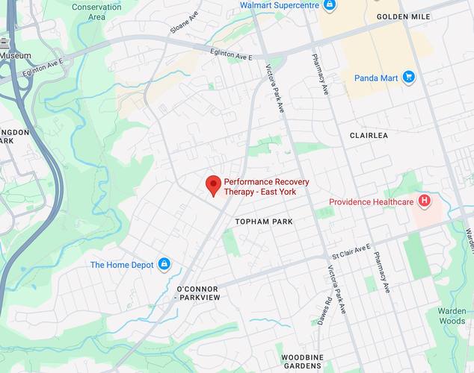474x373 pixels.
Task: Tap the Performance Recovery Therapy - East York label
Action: click(260, 186)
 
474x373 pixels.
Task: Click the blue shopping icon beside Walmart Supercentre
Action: click(329, 5)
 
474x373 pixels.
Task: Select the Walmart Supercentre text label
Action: click(279, 5)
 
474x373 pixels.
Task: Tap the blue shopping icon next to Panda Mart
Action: click(408, 76)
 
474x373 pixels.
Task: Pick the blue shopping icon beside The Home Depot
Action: click(164, 264)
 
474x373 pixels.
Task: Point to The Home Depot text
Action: click(122, 265)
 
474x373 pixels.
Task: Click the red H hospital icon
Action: click(425, 201)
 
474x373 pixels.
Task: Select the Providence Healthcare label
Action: click(372, 202)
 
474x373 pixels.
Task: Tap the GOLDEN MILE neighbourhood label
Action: click(403, 16)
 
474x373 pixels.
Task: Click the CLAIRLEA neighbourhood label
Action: click(369, 136)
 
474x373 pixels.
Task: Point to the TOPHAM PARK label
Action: click(264, 222)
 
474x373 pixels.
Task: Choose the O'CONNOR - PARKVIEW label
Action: click(197, 293)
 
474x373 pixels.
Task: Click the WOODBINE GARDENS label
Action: click(302, 362)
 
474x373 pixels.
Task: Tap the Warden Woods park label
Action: click(452, 316)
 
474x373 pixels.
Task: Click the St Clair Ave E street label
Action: click(351, 251)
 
